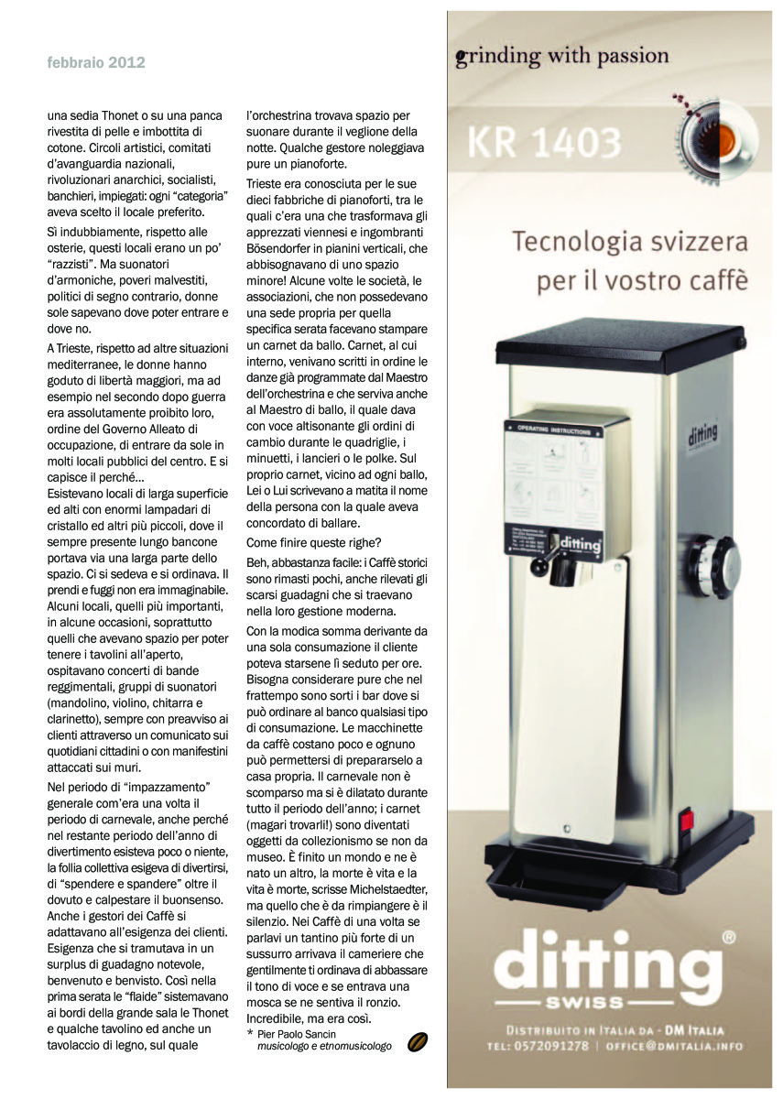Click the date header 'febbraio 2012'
[x=96, y=63]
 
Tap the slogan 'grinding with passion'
[x=561, y=57]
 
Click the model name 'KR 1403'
[x=544, y=142]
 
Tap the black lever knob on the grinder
[x=539, y=569]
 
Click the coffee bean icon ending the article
[x=419, y=1042]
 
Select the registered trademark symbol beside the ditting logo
[x=728, y=937]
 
